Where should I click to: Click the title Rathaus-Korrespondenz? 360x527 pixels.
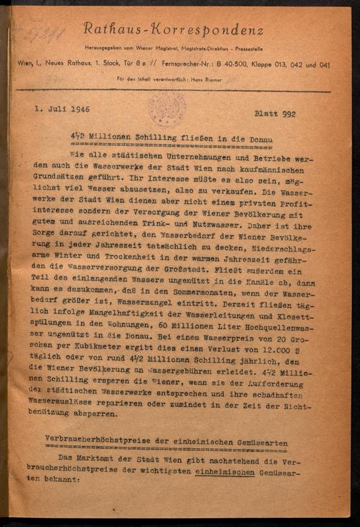coord(174,30)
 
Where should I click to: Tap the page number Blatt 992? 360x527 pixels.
coord(280,114)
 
